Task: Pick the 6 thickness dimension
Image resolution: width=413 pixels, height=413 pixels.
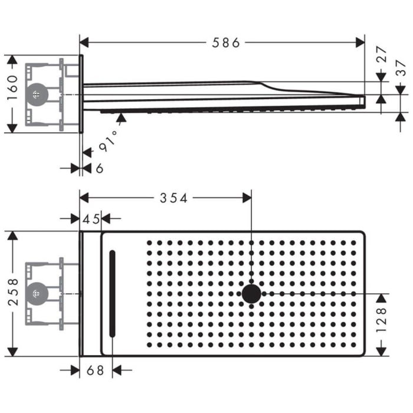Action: coord(99,169)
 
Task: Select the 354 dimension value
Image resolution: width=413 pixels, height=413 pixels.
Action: coord(173,198)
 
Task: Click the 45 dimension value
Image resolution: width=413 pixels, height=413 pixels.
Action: coord(91,219)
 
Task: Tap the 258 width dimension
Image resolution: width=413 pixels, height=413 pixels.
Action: coord(12,293)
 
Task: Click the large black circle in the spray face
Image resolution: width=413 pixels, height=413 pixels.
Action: coord(251,293)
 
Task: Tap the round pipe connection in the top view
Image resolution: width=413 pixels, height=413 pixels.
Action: coord(37,293)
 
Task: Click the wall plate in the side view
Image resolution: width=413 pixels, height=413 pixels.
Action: coord(81,94)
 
